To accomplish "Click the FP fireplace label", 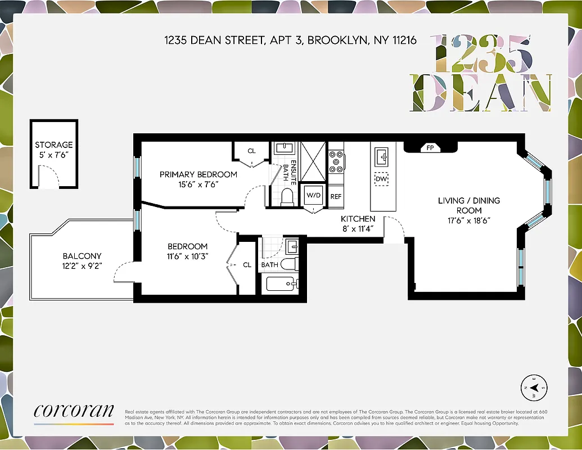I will (430, 148).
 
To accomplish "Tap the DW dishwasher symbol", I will (382, 179).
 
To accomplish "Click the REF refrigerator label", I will (336, 197).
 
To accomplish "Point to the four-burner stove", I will (336, 161).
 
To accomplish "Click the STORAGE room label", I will (54, 145).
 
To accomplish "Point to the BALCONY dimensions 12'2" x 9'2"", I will (82, 265).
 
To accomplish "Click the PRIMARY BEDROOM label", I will (198, 174).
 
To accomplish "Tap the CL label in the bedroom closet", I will (247, 265).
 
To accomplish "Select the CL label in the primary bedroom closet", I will (251, 151).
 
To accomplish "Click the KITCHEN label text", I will (358, 219).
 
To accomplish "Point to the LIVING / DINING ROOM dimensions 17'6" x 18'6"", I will (468, 220).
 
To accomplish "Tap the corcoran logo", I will (74, 412).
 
